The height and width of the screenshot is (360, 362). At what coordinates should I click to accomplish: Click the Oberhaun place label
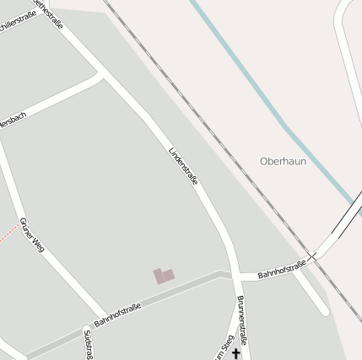(283, 161)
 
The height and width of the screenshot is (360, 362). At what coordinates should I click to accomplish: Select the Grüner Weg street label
(30, 235)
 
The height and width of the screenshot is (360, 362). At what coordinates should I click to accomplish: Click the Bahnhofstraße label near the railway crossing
(282, 270)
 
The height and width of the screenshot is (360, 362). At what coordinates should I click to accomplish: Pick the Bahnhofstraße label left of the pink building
(117, 316)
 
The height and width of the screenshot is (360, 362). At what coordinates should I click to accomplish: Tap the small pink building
(163, 276)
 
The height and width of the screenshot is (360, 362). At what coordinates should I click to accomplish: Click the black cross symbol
(236, 354)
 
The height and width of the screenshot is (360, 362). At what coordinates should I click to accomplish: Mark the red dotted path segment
(8, 231)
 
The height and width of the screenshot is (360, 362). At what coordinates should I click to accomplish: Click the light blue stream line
(253, 84)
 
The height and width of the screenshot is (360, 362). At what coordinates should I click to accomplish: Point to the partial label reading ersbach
(12, 121)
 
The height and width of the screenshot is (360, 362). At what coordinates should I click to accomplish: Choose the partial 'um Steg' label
(222, 352)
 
